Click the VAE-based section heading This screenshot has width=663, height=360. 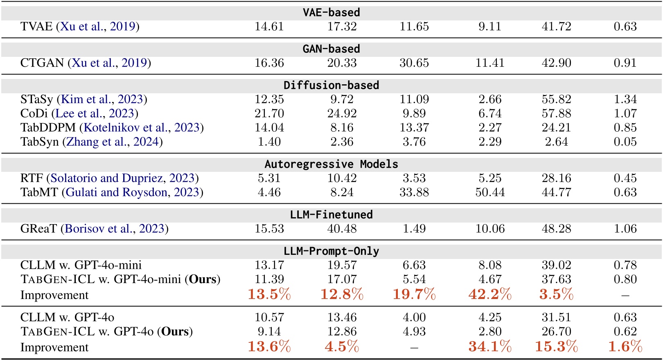click(x=331, y=12)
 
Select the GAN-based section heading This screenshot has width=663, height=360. click(x=331, y=49)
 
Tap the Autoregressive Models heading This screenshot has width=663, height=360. click(x=331, y=164)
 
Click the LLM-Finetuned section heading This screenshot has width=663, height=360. click(x=331, y=214)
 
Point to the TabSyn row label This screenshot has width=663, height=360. click(x=39, y=142)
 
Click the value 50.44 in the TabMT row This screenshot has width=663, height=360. click(x=490, y=192)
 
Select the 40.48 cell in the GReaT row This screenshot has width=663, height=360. click(x=342, y=229)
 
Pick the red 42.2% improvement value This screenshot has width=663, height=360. click(x=490, y=294)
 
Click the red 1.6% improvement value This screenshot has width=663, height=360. click(x=625, y=346)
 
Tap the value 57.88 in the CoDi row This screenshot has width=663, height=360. click(x=556, y=113)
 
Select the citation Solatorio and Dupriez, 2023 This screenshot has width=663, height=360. click(x=122, y=178)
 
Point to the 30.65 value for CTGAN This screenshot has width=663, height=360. click(x=414, y=63)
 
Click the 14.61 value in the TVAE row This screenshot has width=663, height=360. click(x=269, y=27)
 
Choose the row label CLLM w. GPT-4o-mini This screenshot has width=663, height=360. click(x=81, y=265)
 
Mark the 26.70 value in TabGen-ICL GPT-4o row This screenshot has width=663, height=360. click(x=556, y=331)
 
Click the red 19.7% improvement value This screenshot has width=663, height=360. click(x=414, y=294)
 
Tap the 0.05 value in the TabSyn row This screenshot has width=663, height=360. click(x=625, y=142)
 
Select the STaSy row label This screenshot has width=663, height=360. click(x=37, y=99)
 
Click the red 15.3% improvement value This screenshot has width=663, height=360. click(x=556, y=346)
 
